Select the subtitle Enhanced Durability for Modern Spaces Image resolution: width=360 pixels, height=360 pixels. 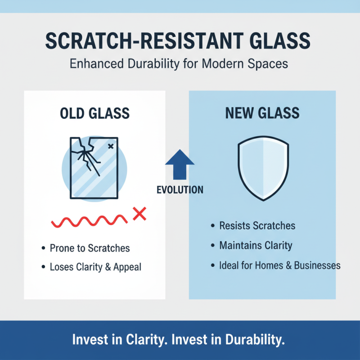[179, 63]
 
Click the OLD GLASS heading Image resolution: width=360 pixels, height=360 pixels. [94, 114]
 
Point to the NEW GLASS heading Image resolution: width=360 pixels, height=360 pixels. [262, 114]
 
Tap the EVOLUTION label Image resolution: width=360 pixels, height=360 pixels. [180, 189]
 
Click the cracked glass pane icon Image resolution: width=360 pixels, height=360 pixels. [94, 167]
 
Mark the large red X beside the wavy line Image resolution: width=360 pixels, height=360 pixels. [140, 214]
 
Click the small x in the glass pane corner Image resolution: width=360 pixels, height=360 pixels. [111, 145]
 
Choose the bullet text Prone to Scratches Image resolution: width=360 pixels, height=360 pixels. [90, 248]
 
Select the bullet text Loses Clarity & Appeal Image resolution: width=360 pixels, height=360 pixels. [95, 267]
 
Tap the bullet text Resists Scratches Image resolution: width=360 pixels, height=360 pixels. [257, 226]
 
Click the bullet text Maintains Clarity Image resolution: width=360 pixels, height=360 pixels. [256, 246]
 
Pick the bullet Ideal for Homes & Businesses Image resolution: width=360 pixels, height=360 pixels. [279, 265]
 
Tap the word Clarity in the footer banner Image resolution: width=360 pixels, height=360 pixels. [142, 340]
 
